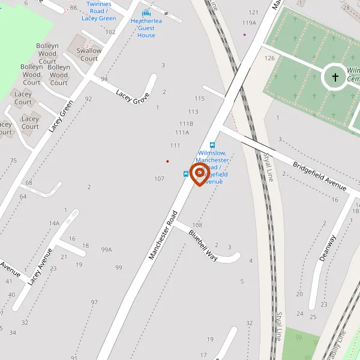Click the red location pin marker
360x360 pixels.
(199, 174)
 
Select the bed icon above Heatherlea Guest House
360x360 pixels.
(146, 13)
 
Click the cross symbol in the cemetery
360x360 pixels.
(335, 77)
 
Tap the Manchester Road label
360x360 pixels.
(164, 235)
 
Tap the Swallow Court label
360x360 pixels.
(89, 55)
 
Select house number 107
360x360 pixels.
(159, 179)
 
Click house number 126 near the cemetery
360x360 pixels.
(269, 58)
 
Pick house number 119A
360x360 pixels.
(249, 23)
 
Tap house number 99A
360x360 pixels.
(107, 250)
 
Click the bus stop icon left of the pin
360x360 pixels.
(186, 174)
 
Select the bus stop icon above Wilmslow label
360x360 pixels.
(212, 145)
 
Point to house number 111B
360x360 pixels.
(186, 124)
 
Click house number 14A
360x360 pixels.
(55, 224)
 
